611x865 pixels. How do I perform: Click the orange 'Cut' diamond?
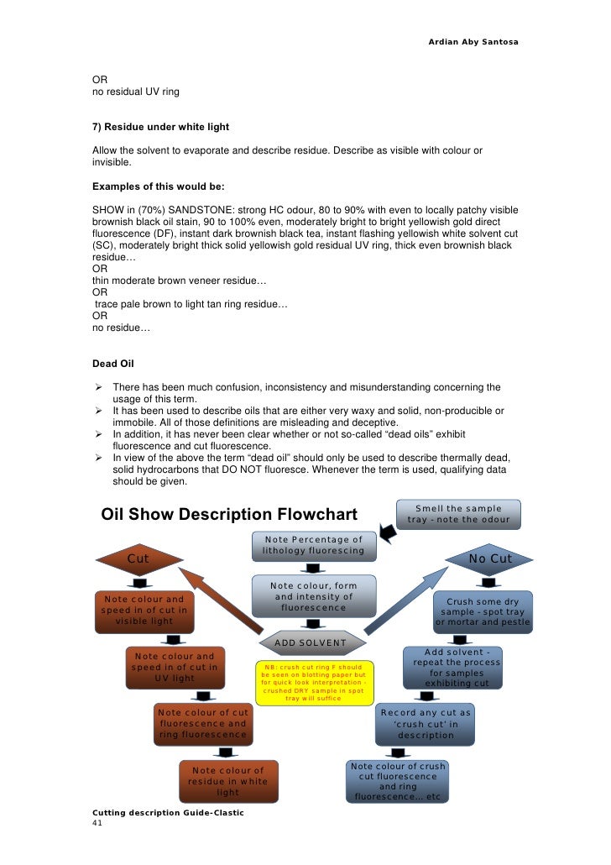139,558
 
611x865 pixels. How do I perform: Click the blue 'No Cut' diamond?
489,558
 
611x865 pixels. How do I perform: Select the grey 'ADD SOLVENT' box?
311,642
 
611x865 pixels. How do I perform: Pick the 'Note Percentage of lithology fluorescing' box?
313,545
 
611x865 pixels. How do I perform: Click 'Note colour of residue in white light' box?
227,781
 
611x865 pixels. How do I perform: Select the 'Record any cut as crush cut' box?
426,724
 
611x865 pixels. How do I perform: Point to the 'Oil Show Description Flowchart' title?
229,514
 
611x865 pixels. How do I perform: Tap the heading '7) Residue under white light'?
160,127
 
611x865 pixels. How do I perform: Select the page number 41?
97,824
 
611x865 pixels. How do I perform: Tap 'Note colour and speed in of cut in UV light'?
175,667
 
